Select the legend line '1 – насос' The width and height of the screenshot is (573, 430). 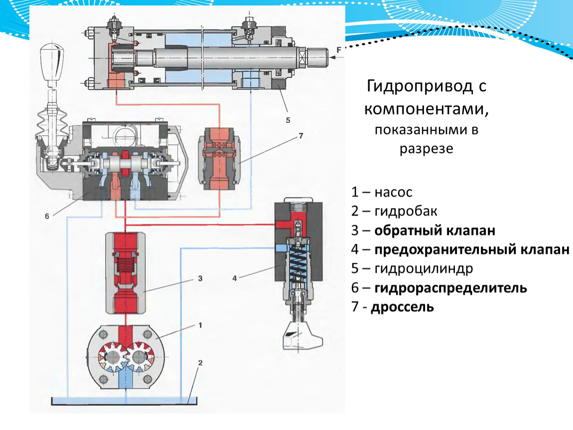pos(382,192)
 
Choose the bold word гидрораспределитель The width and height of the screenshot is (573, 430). pos(451,288)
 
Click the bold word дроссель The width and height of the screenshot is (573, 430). pos(402,307)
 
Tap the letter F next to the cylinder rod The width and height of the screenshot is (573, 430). pos(339,50)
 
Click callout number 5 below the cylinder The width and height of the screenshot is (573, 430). pos(287,120)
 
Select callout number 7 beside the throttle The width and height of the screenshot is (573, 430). pos(300,135)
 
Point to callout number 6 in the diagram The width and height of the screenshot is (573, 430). pos(46,216)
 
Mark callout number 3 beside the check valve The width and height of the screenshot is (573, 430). pos(200,279)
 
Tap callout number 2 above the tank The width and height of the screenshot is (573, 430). pos(199,362)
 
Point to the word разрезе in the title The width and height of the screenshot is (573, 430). pos(426,149)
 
